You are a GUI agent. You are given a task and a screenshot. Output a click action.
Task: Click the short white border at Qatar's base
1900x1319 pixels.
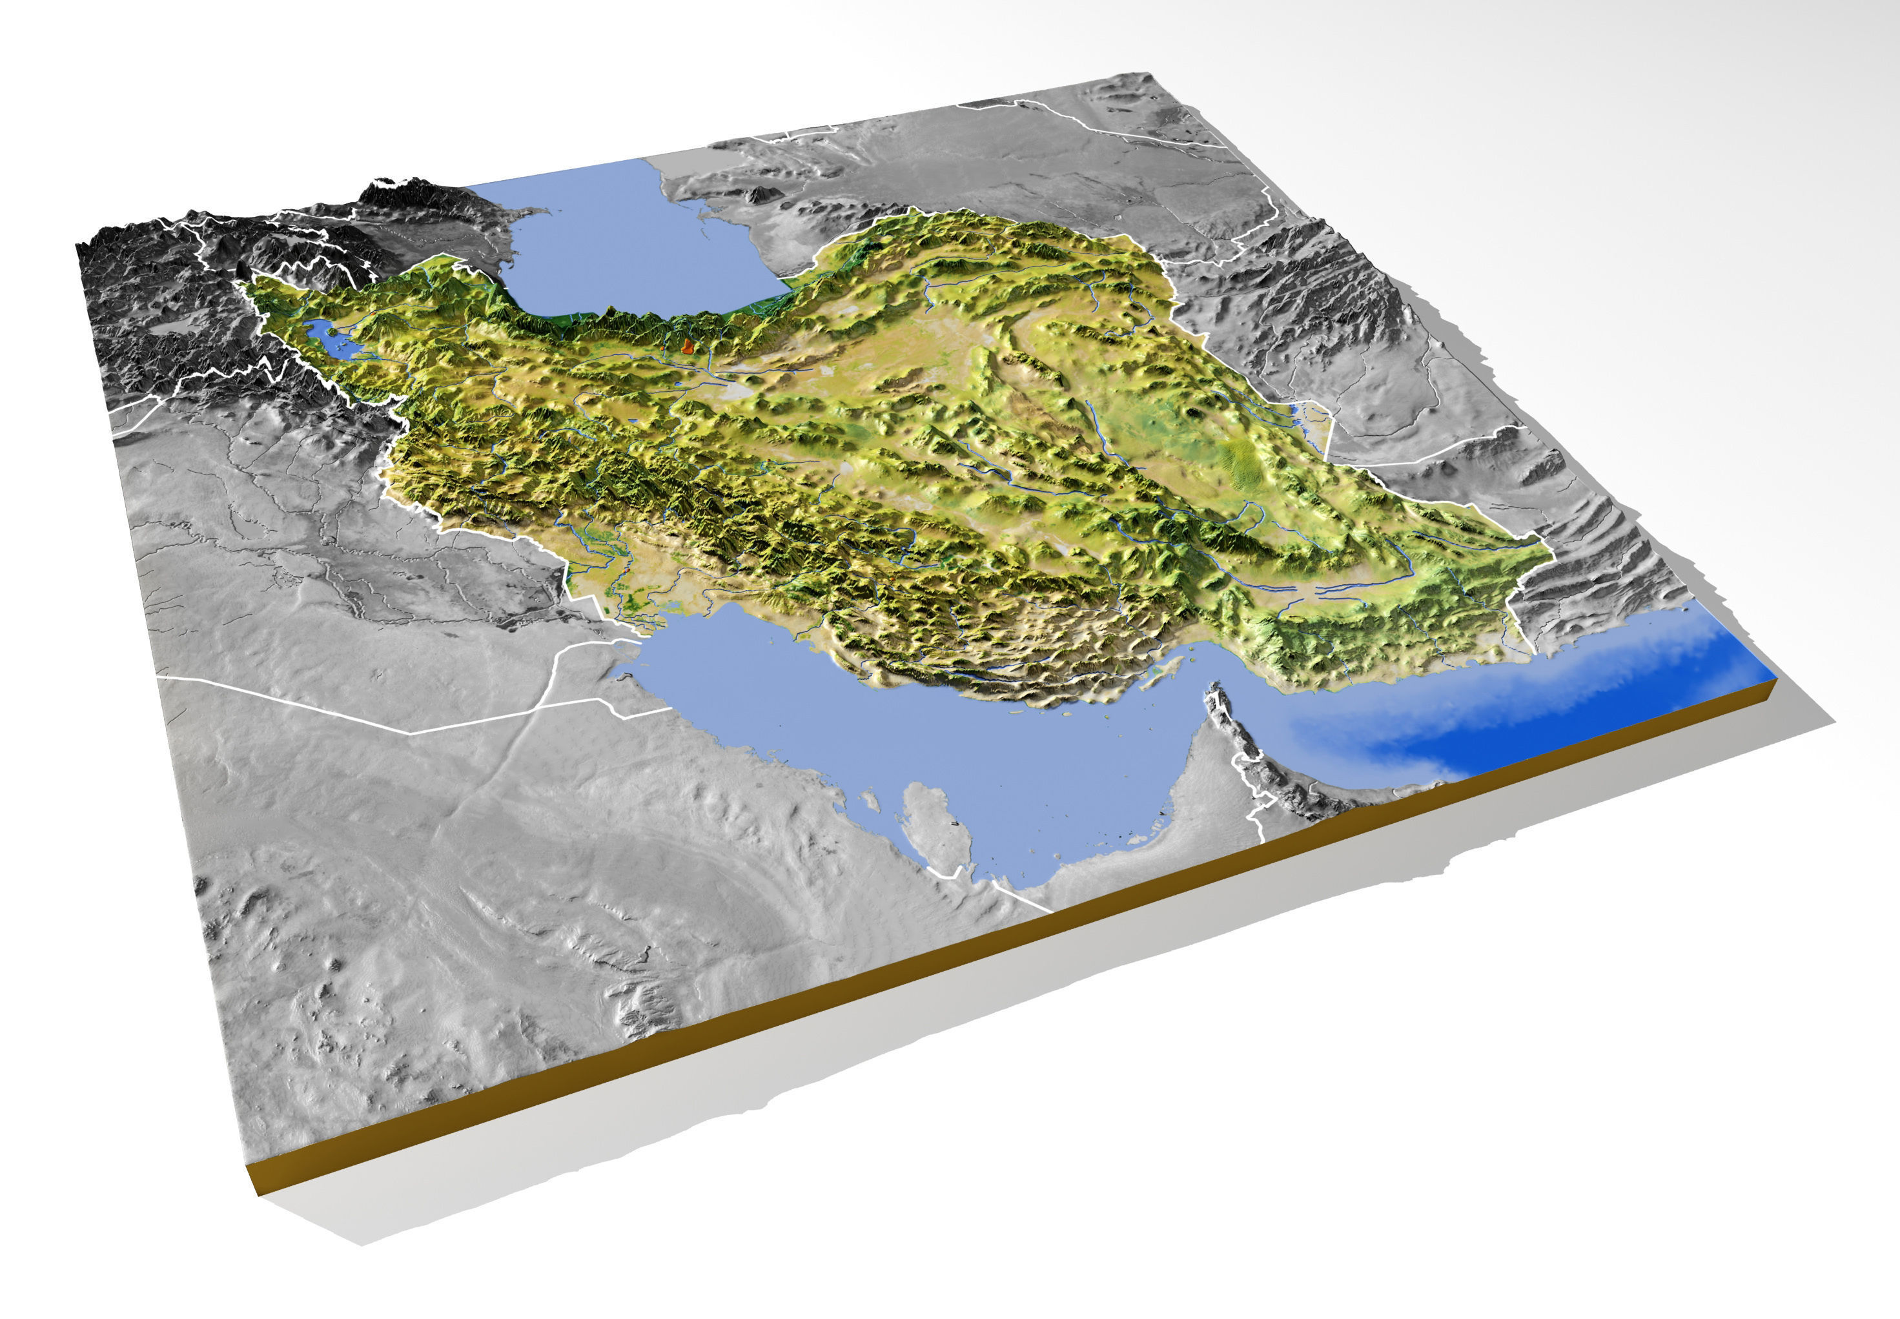click(942, 871)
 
